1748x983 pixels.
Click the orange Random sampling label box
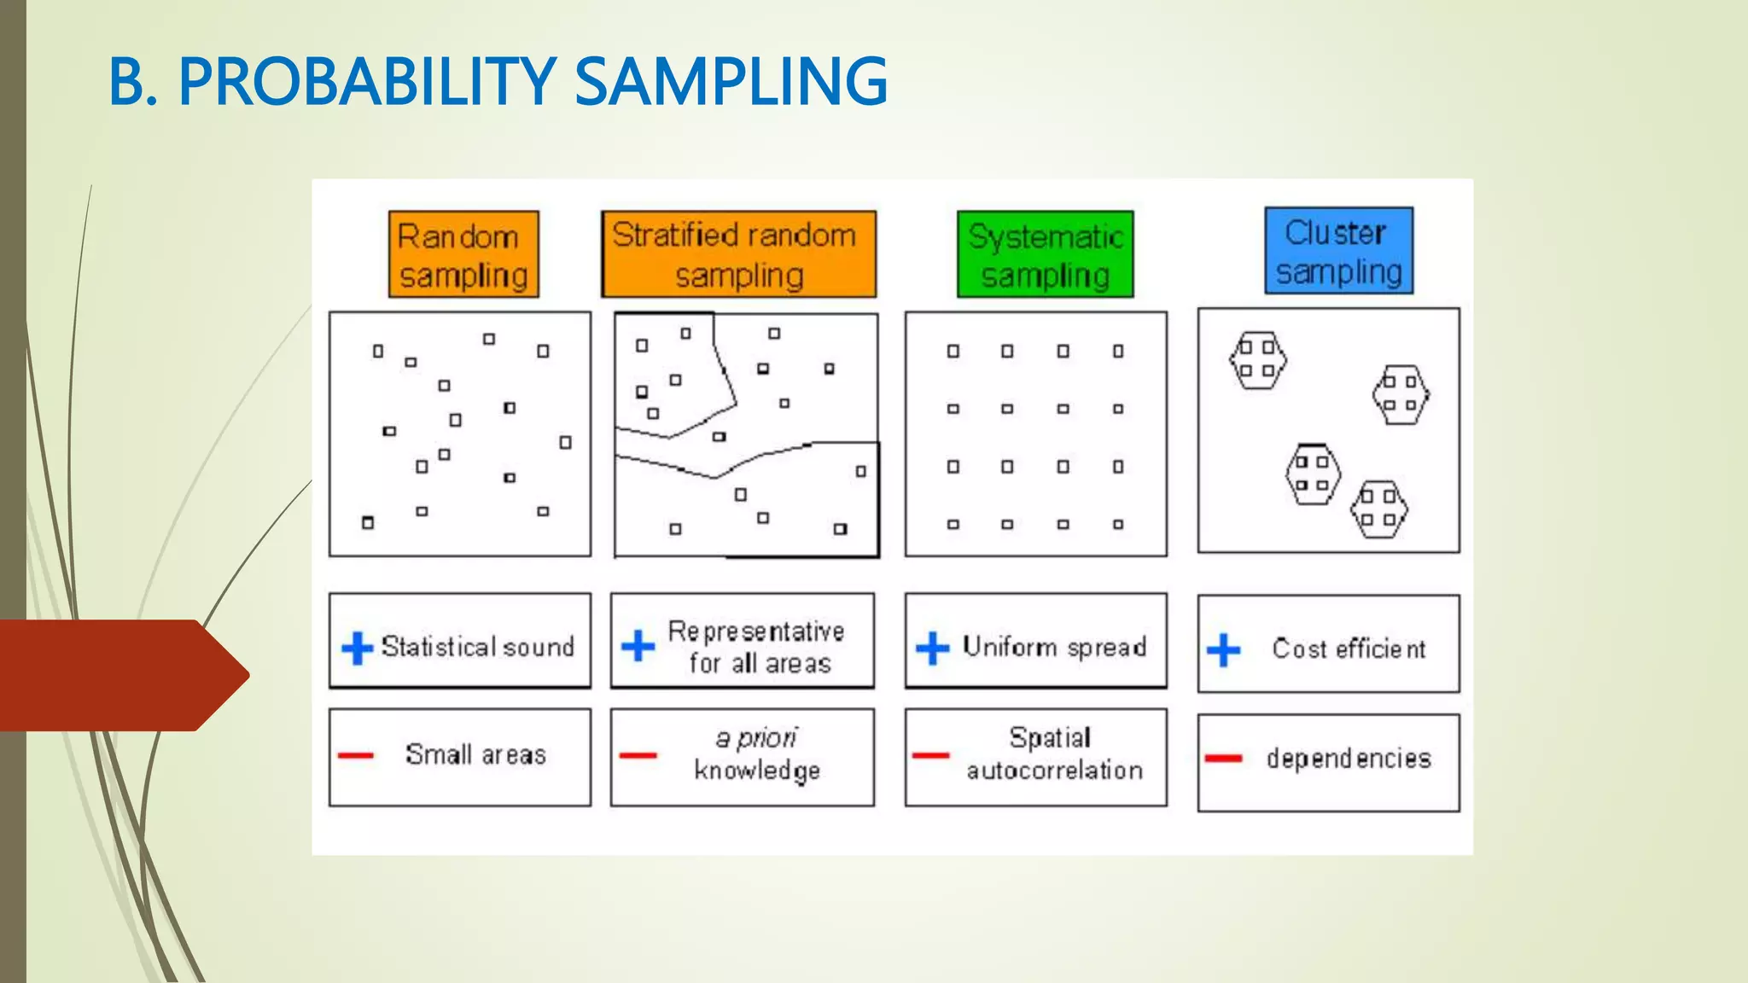[463, 254]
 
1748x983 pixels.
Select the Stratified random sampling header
[738, 254]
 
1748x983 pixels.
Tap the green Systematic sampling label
[1046, 254]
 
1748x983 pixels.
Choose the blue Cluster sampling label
[1338, 251]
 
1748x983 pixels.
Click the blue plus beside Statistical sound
[357, 648]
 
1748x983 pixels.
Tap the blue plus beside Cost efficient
[1223, 650]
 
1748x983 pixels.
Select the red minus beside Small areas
[356, 755]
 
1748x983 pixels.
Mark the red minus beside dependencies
[1223, 758]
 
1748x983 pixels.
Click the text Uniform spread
[1054, 647]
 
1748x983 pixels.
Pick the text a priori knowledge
[757, 753]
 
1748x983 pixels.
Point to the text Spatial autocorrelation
[1054, 753]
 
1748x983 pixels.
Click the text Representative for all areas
[757, 647]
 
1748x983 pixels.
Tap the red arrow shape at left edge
[119, 675]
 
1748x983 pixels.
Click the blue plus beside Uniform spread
[932, 648]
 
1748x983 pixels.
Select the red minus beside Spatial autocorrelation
[930, 755]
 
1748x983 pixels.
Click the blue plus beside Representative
[638, 646]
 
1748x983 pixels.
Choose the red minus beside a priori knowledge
[638, 755]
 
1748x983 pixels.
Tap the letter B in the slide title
[126, 82]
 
